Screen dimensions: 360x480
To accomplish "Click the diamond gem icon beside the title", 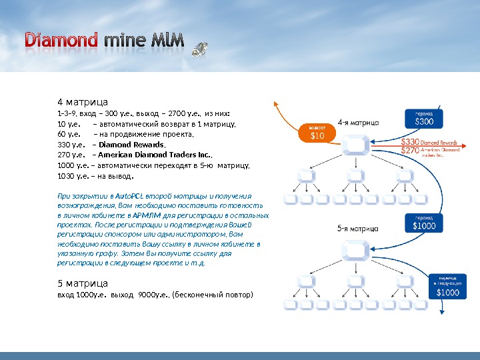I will coord(199,49).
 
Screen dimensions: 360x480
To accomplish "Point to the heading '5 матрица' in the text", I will coord(83,283).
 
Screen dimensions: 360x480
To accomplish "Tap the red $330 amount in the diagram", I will coord(410,142).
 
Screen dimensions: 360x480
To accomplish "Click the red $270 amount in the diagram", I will coord(410,151).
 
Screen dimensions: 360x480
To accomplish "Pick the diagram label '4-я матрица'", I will coord(359,123).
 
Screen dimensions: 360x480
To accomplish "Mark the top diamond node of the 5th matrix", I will coord(354,249).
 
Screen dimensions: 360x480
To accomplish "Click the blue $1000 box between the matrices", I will coord(423,223).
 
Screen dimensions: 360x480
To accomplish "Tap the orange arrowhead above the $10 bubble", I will coord(276,105).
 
